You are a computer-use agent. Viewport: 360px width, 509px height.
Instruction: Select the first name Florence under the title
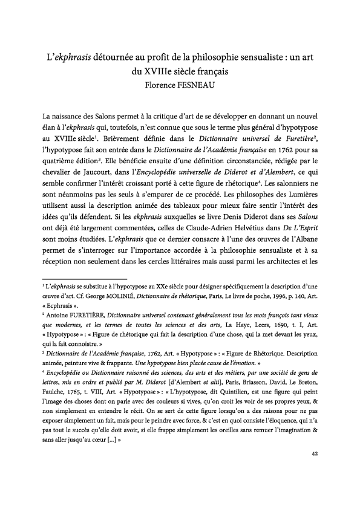coord(157,86)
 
